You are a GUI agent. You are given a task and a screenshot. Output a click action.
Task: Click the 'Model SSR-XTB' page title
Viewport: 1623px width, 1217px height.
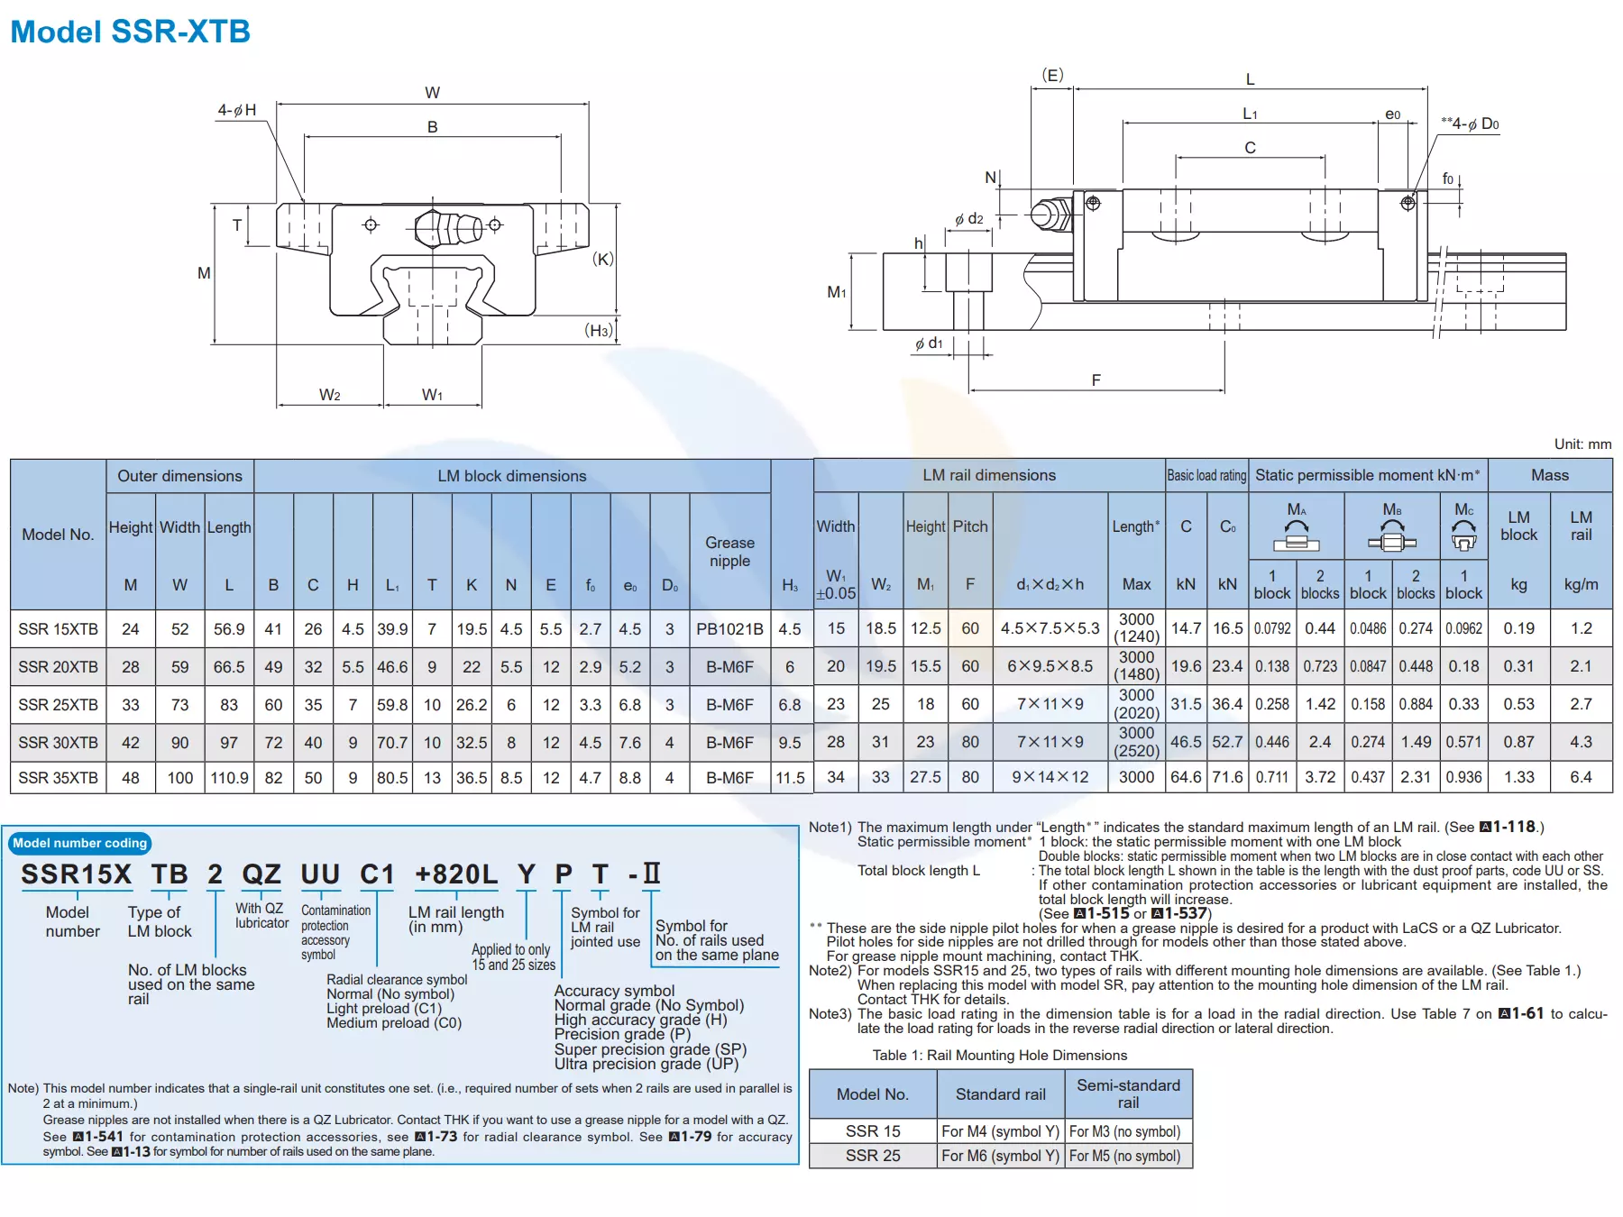[x=130, y=32]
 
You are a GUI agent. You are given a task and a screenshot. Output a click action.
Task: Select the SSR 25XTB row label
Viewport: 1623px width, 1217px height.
[x=58, y=705]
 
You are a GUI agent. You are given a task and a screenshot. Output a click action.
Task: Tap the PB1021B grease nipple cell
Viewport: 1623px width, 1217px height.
[x=729, y=629]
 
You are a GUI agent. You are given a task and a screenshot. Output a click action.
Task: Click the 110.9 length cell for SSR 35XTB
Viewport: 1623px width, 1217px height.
[x=229, y=778]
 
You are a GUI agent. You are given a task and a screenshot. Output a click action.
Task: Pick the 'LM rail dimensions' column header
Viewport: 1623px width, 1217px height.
[x=988, y=475]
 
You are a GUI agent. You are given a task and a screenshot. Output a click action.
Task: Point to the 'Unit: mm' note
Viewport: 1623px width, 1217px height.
[x=1582, y=444]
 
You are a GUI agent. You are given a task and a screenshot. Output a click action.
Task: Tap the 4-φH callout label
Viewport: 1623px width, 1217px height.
[x=236, y=110]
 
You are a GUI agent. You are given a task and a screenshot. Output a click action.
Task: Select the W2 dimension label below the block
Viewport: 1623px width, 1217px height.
[x=329, y=395]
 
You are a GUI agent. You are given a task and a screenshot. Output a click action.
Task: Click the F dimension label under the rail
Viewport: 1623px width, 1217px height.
[x=1096, y=380]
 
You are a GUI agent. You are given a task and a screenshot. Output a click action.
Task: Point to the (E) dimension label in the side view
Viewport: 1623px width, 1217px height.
[x=1052, y=76]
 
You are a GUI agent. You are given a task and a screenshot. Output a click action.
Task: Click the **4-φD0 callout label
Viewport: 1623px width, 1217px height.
[x=1470, y=124]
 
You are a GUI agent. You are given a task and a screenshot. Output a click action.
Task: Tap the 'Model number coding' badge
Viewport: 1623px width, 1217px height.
[x=79, y=843]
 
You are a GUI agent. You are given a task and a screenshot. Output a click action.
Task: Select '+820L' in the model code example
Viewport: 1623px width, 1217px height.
[x=455, y=874]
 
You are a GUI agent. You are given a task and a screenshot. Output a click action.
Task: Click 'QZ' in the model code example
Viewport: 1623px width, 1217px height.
[x=261, y=874]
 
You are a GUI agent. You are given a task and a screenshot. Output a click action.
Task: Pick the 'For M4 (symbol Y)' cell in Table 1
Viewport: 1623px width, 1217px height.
[x=1000, y=1131]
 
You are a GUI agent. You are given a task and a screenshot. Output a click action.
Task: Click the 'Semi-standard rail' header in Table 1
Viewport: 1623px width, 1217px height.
[x=1128, y=1093]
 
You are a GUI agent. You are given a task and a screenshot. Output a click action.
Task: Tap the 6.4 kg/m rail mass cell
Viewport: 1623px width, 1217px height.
[x=1580, y=777]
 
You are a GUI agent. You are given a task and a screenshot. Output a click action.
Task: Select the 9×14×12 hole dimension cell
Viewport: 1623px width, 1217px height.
[x=1050, y=777]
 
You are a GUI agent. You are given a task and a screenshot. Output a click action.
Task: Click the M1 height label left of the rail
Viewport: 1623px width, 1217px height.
[x=836, y=292]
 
